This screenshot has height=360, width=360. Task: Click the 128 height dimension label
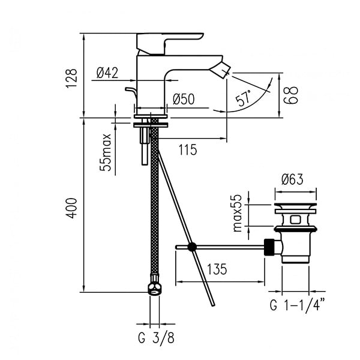(x=71, y=78)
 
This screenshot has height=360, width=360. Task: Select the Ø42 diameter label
(x=107, y=73)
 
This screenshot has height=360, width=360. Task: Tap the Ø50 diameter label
(x=184, y=99)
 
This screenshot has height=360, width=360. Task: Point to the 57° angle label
(x=244, y=98)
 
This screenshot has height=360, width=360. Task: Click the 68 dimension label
(x=291, y=95)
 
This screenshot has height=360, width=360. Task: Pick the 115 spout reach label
(x=188, y=149)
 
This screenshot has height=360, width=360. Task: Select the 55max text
(x=106, y=152)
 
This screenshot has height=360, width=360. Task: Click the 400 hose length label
(x=71, y=208)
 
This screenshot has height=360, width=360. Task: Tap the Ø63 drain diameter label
(x=292, y=179)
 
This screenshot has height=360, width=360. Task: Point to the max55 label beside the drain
(x=238, y=213)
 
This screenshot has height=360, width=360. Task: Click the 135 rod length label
(x=217, y=269)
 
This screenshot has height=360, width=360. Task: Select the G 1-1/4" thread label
(x=298, y=305)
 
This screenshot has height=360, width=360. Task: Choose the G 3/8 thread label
(x=156, y=338)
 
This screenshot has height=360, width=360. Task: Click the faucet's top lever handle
(x=170, y=44)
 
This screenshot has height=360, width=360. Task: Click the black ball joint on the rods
(x=192, y=247)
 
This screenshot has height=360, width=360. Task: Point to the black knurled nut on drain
(x=269, y=247)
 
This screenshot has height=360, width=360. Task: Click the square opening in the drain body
(x=295, y=220)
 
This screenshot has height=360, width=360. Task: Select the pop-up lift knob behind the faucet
(x=131, y=92)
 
